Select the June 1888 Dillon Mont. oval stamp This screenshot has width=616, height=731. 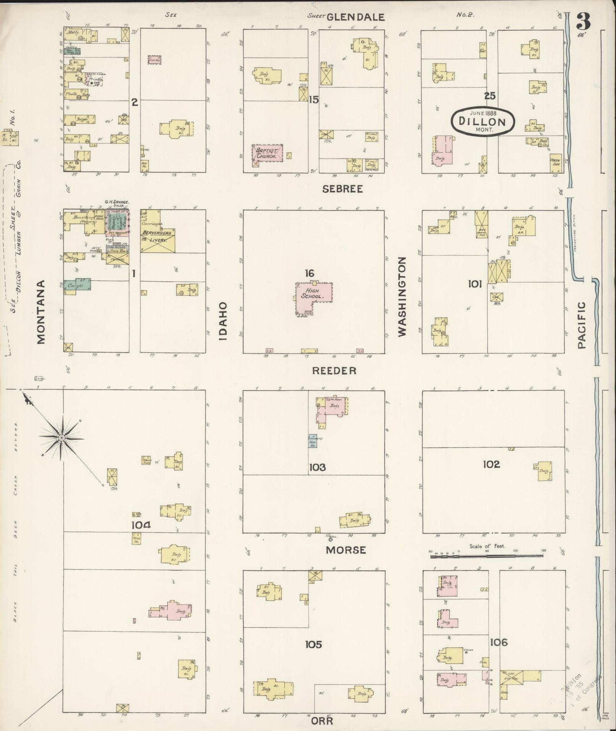482,122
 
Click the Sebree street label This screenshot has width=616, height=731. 342,189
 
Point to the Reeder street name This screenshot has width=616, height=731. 334,370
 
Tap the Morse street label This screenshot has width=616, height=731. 346,550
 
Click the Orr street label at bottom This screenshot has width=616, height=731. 322,721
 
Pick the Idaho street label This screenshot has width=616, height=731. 223,321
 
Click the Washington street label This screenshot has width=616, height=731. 402,297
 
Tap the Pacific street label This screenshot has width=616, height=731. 581,325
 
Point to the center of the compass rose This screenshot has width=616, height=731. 61,437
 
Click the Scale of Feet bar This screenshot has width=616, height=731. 488,556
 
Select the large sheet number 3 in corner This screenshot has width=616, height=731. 584,21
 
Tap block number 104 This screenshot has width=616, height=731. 141,525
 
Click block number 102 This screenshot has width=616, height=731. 491,464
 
